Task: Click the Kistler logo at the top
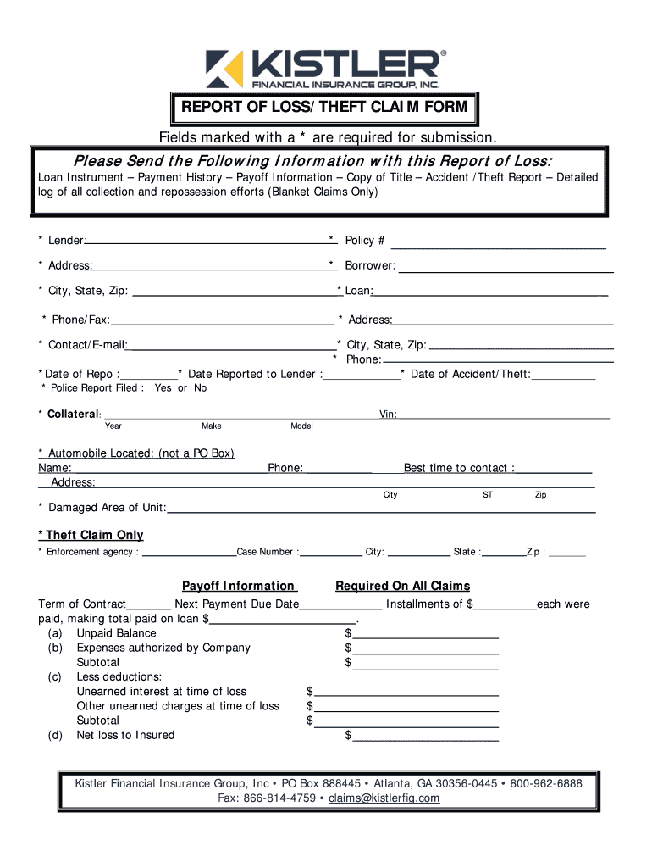click(325, 68)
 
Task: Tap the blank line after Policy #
click(498, 243)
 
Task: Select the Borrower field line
click(506, 268)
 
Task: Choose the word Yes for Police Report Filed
click(163, 388)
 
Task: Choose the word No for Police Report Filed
click(200, 388)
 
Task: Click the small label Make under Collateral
click(212, 426)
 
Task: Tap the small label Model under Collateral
click(302, 426)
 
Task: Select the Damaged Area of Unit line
click(380, 510)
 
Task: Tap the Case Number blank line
click(330, 554)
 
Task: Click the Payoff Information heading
click(239, 587)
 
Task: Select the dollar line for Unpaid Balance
click(425, 636)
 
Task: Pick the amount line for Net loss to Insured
click(425, 737)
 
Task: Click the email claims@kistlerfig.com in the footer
click(384, 799)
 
